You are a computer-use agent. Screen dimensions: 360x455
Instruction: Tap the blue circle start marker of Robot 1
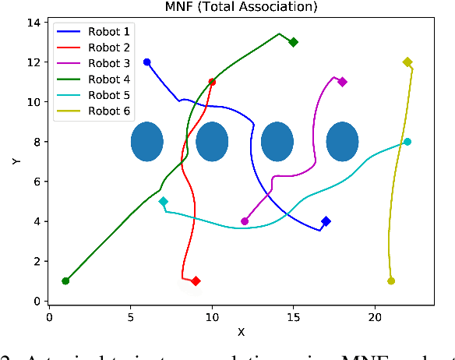[146, 62]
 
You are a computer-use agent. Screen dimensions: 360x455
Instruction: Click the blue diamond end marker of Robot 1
[326, 221]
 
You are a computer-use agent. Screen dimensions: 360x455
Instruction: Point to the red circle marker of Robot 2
[212, 82]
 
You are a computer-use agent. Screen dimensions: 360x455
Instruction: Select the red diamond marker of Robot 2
[196, 281]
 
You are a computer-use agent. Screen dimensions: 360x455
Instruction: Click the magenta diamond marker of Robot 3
[342, 82]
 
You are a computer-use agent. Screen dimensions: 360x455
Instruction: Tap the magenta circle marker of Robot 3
[245, 221]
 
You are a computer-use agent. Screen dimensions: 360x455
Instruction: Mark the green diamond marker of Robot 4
[293, 42]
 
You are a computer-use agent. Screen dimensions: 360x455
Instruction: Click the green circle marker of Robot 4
[65, 281]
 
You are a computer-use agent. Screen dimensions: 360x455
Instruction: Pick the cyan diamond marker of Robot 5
[163, 201]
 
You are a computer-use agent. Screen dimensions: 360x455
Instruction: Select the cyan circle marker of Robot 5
[407, 142]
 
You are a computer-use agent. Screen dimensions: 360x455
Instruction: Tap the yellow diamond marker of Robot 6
[407, 62]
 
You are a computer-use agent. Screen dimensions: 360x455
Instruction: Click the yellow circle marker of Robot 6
[391, 281]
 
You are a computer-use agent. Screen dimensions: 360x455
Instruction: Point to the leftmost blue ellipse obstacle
[146, 142]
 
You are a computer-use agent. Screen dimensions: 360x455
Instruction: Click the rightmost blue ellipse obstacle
[342, 142]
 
